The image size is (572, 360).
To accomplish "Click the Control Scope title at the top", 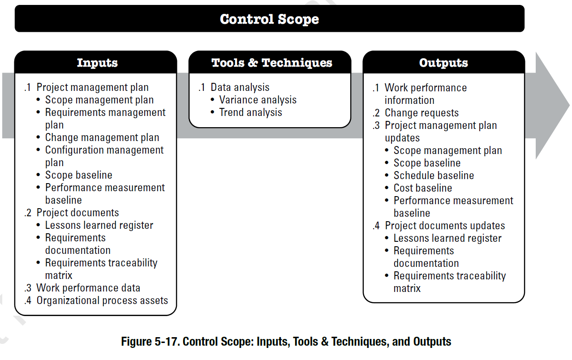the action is point(269,19).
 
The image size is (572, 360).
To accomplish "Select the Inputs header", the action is point(97,63).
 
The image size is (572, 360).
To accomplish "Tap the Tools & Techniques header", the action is point(272,63).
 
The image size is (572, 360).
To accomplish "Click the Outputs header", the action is point(443,63).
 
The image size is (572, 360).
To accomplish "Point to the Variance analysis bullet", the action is point(258,100).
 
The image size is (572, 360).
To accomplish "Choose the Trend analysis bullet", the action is point(250,112).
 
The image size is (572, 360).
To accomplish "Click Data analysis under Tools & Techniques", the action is point(240,87).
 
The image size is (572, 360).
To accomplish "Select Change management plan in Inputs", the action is point(102,137).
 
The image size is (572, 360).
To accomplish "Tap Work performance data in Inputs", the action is point(88,288).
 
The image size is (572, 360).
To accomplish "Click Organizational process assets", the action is point(102,300).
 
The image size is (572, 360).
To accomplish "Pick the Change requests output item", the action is point(421,113).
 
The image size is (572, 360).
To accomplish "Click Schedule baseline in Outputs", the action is point(434,176).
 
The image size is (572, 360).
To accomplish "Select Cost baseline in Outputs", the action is point(422,188).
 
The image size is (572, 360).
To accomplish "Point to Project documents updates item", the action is point(445,226).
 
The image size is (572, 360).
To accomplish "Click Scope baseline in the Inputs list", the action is point(79,175).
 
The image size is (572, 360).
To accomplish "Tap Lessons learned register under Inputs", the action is point(99,225).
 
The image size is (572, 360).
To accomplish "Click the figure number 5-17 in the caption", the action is point(168,342).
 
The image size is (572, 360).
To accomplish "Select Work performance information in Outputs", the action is point(426,94).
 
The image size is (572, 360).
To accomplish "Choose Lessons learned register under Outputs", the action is point(447,238).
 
